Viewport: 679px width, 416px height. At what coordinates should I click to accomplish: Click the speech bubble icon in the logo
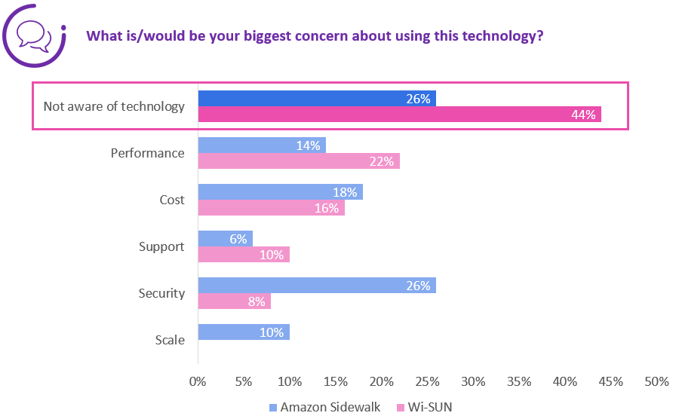(34, 34)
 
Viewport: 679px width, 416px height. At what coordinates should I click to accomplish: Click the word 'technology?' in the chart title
(506, 36)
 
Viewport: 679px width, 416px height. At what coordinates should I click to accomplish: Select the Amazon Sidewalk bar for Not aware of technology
(316, 99)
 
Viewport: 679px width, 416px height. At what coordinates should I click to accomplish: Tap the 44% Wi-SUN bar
(399, 115)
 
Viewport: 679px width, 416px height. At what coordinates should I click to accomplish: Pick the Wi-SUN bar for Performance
(298, 161)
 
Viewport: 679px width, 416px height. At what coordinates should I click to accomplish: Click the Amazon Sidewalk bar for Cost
(280, 192)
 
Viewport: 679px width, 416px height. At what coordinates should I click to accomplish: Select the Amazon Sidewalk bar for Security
(316, 286)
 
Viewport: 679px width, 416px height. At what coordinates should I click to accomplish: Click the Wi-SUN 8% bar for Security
(234, 301)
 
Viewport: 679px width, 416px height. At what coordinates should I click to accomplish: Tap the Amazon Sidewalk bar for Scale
(243, 332)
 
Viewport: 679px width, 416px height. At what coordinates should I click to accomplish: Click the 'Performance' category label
(147, 153)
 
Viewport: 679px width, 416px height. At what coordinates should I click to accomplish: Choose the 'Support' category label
(161, 246)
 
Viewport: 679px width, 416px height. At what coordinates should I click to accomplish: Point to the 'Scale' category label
(170, 340)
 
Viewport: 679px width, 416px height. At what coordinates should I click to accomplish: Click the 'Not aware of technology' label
(114, 106)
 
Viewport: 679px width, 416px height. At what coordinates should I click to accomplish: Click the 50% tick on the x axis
(656, 381)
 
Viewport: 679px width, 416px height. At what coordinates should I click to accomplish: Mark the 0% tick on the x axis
(198, 381)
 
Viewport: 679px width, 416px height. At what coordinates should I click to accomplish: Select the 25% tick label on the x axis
(427, 381)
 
